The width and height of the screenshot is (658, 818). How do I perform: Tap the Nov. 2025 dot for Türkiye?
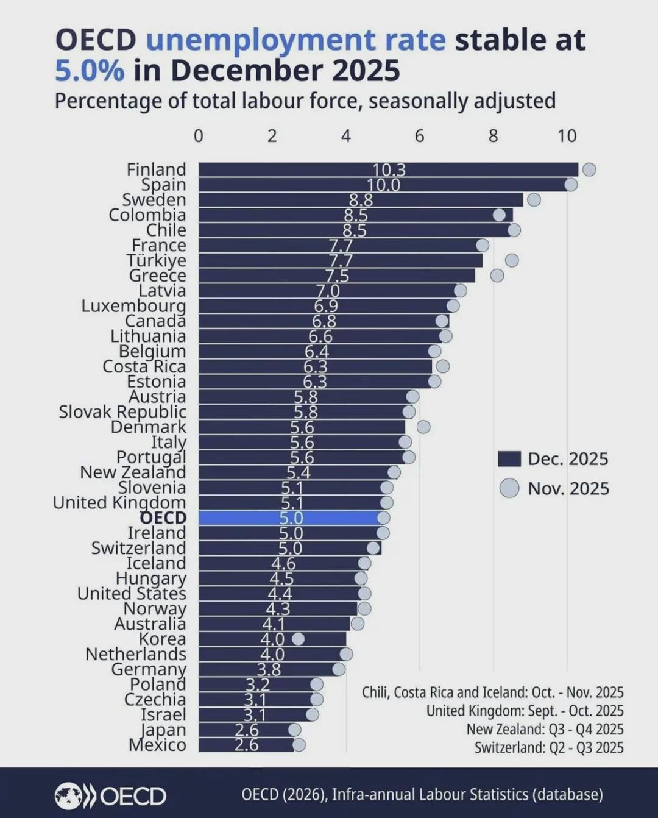coord(512,260)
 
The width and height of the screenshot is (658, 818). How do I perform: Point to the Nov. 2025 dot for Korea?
coord(298,639)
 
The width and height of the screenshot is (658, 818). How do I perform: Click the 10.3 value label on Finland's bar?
coord(389,170)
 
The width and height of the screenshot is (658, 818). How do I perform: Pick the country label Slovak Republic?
coord(122,412)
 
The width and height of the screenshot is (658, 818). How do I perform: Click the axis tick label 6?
coord(419,136)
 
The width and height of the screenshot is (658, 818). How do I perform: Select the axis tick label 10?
coord(567,136)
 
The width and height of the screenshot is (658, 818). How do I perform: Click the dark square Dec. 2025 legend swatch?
coord(509,459)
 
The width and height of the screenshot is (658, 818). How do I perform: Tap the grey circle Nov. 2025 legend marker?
coord(509,488)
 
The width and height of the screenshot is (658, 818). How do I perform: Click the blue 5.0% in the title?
coord(90,71)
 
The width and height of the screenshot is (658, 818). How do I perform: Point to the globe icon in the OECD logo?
coord(68,795)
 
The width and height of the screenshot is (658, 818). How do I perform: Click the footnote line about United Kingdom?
coord(525,711)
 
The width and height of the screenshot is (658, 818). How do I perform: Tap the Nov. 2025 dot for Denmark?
coord(423,427)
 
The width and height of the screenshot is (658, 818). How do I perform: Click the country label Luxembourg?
coord(133,306)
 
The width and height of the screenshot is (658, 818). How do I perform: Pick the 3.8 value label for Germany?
coord(269,669)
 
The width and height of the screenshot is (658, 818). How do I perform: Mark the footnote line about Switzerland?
coord(549,747)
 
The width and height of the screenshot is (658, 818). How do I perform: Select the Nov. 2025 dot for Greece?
coord(497,276)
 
